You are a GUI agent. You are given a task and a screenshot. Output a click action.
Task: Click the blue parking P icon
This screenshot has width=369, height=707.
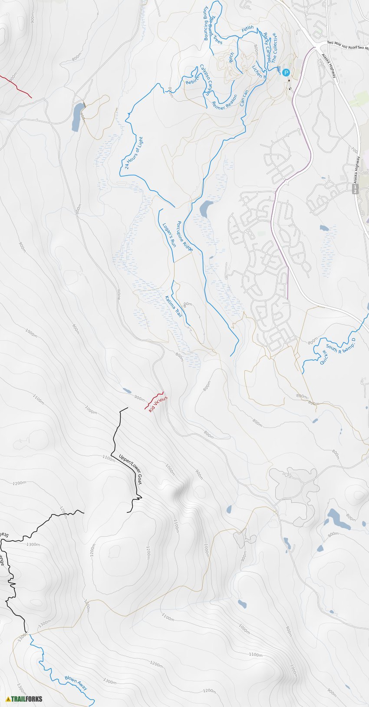[x=286, y=73]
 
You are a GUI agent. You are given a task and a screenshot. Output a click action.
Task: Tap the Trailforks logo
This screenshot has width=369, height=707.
[x=24, y=699]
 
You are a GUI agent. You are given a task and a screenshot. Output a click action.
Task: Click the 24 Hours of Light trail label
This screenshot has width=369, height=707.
[x=134, y=153]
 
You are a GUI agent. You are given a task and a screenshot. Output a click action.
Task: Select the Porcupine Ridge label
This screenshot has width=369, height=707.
[x=185, y=236]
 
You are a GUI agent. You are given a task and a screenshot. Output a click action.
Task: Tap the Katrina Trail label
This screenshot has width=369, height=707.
[x=174, y=306]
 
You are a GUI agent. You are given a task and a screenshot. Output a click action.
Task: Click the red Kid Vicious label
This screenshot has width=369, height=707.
[x=158, y=404]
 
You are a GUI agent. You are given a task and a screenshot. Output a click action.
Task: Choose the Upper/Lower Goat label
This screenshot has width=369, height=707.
[x=130, y=469]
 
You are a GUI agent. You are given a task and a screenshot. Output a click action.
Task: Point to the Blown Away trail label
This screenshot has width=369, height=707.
[x=76, y=683]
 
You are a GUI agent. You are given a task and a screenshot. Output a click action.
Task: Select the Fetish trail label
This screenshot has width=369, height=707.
[x=247, y=29]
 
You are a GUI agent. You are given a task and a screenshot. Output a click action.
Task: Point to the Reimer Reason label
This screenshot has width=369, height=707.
[x=224, y=102]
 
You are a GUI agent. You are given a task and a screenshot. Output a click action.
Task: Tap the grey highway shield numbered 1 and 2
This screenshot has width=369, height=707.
[x=356, y=189]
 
